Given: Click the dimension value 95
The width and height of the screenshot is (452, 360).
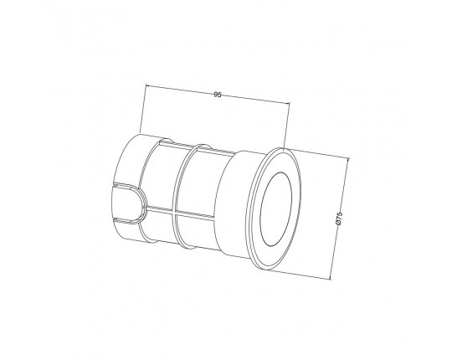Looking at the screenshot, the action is pyautogui.click(x=218, y=95).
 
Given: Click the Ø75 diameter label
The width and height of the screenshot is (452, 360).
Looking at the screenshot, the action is pyautogui.click(x=339, y=219).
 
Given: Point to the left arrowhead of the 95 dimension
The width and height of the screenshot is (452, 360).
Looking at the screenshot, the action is pyautogui.click(x=147, y=85).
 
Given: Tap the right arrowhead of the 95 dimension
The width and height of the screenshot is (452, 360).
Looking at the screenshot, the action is pyautogui.click(x=287, y=103).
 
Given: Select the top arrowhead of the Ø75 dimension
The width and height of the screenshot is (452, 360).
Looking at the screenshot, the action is pyautogui.click(x=347, y=159).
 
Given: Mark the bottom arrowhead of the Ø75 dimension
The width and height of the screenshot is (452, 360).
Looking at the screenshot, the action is pyautogui.click(x=330, y=277).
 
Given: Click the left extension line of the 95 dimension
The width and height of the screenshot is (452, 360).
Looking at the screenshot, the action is pyautogui.click(x=143, y=109).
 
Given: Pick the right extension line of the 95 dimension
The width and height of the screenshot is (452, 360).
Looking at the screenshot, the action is pyautogui.click(x=286, y=126).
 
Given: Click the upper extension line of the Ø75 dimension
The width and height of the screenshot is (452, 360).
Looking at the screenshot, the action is pyautogui.click(x=316, y=153).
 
